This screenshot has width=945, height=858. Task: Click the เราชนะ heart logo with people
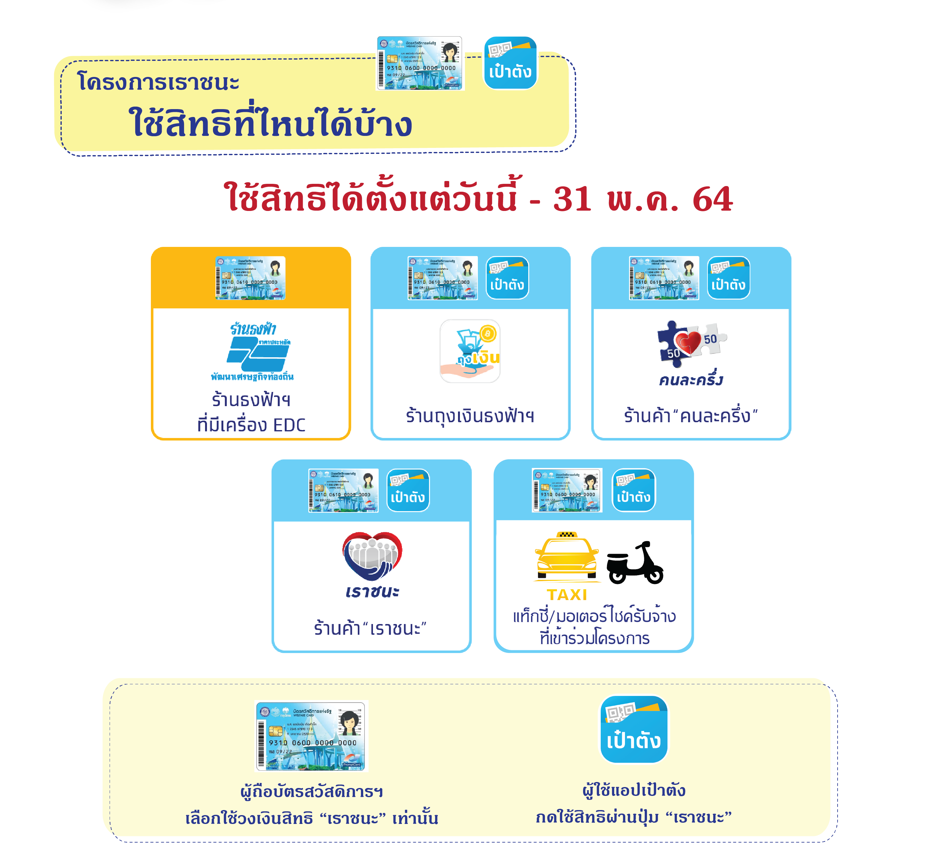coord(372,556)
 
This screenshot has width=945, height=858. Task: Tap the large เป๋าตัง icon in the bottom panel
coord(634,729)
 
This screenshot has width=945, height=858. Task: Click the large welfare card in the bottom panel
coord(311,736)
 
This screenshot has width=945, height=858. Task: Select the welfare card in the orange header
coord(250,278)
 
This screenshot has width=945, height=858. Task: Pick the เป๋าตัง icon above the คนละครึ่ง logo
coord(728,278)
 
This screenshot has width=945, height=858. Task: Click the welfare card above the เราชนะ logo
coord(344,491)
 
